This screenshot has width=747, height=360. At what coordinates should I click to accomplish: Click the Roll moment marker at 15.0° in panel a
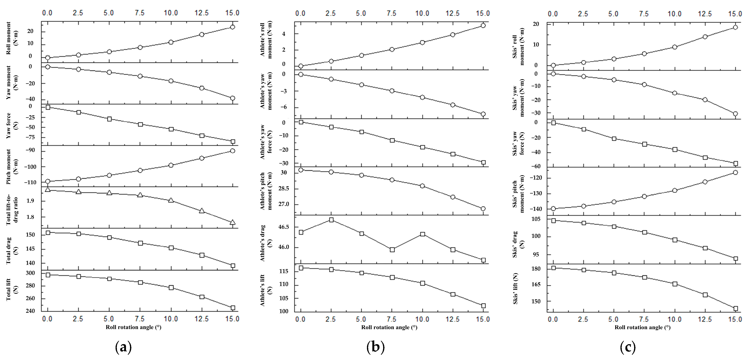[232, 27]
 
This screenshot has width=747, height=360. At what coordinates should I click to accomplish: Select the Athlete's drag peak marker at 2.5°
[331, 220]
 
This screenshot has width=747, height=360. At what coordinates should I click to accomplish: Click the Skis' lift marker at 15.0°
[735, 308]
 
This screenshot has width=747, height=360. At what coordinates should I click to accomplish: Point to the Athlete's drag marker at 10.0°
[422, 234]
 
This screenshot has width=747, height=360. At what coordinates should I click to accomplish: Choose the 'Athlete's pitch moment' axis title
[266, 191]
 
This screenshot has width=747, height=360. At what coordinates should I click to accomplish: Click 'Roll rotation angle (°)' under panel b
[389, 327]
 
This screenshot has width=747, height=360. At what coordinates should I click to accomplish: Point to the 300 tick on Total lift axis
[30, 273]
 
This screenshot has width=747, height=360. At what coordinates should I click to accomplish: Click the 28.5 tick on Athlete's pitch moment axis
[283, 188]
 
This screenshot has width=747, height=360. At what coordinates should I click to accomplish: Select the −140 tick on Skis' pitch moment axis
[536, 209]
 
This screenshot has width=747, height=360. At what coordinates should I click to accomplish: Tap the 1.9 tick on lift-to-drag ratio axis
[30, 201]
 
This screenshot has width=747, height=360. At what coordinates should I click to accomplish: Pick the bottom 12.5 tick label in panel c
[705, 319]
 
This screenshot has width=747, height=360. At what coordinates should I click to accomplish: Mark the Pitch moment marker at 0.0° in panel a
[48, 181]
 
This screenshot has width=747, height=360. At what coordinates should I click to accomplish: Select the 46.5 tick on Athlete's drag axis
[283, 227]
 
